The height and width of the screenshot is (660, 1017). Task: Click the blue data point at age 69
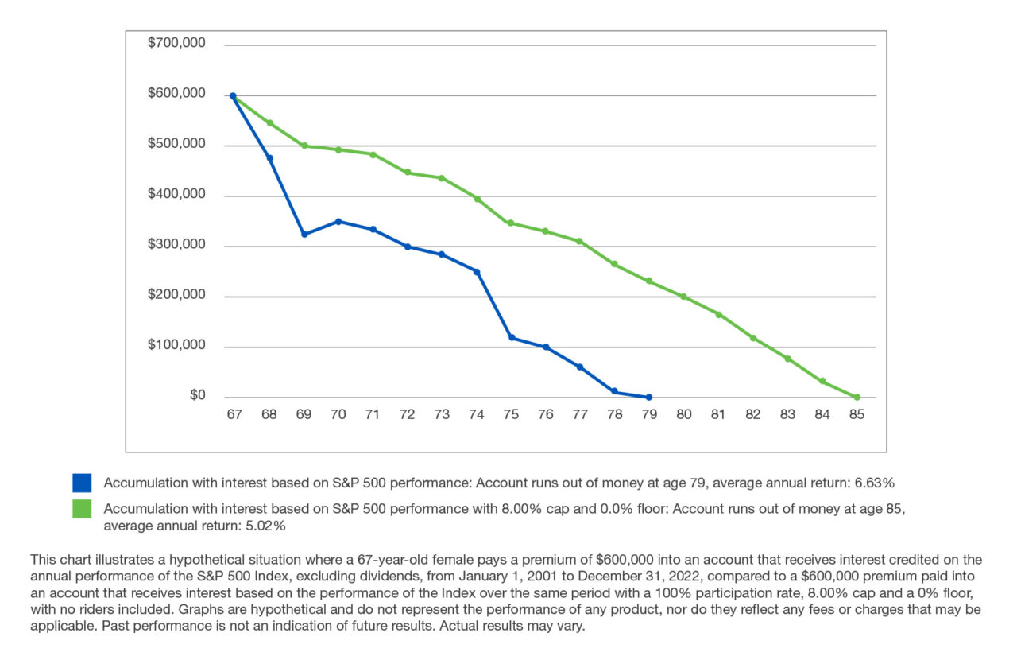pos(304,235)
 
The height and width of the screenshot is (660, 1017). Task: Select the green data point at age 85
pos(857,398)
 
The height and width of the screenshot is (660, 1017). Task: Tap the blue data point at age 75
pos(512,338)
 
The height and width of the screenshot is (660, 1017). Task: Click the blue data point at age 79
pos(649,398)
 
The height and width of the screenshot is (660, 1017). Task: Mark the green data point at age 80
pos(683,297)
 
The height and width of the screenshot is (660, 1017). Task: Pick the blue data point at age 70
pos(339,221)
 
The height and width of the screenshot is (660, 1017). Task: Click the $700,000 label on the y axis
pos(176,44)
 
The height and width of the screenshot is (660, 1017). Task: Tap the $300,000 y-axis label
pos(176,245)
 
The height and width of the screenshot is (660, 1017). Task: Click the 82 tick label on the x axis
pos(752,414)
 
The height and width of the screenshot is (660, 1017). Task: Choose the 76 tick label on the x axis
pos(546,414)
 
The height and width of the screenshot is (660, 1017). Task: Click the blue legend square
pos(82,483)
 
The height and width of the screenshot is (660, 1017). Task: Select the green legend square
pos(82,510)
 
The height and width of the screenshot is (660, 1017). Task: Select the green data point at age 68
pos(269,123)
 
